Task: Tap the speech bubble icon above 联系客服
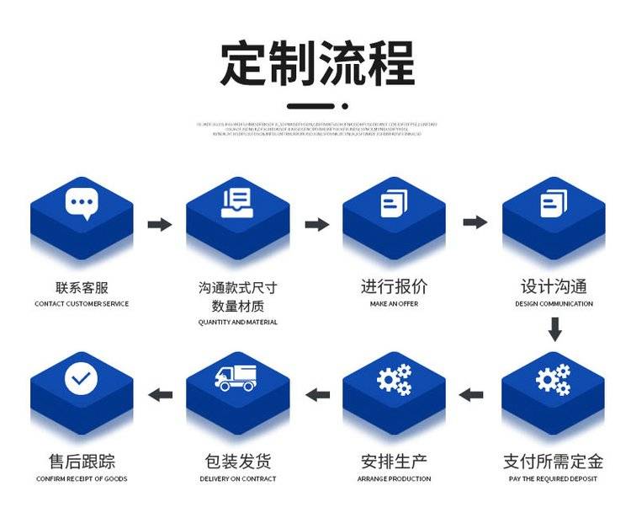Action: (82, 203)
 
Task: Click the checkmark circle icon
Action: (82, 379)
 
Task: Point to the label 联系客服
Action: (82, 287)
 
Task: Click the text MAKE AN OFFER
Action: (394, 304)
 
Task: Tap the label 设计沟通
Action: (554, 287)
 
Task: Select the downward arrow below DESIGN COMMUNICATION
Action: (554, 328)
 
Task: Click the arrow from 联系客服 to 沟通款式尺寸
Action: (160, 224)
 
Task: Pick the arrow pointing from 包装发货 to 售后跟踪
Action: (160, 394)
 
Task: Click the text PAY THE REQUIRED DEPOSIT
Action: (554, 479)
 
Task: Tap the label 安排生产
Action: (394, 462)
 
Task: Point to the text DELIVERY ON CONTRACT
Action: (238, 479)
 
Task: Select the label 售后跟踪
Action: (82, 462)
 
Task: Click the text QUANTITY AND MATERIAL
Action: (238, 323)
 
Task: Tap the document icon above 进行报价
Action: (394, 203)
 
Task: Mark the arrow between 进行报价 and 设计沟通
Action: (475, 222)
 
